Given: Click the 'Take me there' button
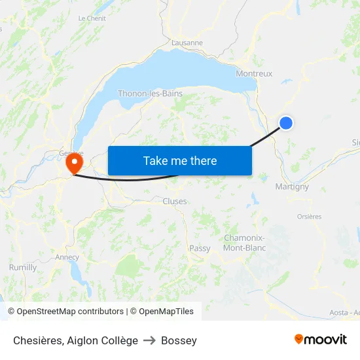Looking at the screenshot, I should [180, 160].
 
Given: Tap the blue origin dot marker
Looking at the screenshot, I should [286, 122].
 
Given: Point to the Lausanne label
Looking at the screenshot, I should [187, 43].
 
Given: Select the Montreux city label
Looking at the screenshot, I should [254, 74].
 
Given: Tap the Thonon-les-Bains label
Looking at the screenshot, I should [150, 94].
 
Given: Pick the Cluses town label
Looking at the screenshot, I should [175, 202].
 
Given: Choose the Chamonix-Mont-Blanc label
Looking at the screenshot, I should [244, 243].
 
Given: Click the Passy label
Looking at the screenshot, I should [200, 249].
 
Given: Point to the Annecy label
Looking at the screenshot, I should [67, 257].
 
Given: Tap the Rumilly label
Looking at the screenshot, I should [23, 268].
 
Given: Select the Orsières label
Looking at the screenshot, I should [310, 217].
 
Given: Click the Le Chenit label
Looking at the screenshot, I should [92, 18].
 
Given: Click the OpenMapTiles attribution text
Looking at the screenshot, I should [164, 312].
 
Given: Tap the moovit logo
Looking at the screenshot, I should [321, 340].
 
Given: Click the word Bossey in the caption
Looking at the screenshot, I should [179, 340].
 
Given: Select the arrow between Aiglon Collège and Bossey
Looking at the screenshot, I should [150, 340].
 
